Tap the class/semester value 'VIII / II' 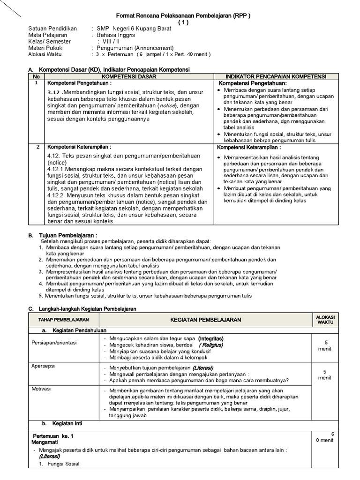pos(111,42)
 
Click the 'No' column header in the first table pos(36,76)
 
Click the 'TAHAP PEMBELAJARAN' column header pos(60,320)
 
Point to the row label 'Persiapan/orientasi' pos(54,343)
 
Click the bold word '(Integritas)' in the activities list pos(211,338)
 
